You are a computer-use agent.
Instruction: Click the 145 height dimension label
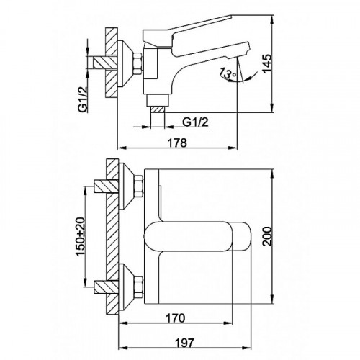[267, 63]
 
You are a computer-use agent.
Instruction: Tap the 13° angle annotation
[228, 73]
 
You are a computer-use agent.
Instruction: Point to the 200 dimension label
[267, 236]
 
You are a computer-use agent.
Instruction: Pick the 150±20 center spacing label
[81, 236]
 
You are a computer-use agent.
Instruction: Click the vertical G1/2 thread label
[83, 99]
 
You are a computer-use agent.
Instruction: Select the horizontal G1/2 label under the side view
[195, 122]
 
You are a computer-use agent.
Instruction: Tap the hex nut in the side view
[138, 63]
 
